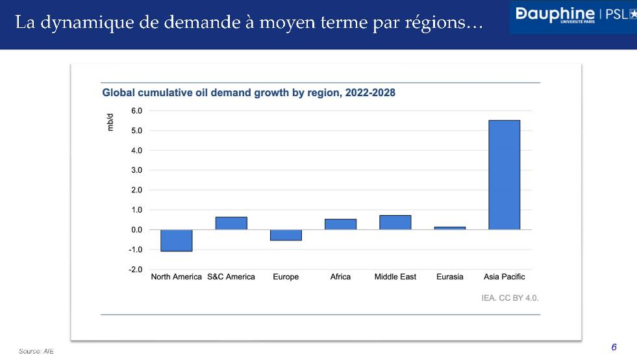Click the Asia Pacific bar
(504, 175)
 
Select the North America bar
(176, 240)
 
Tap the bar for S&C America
(231, 223)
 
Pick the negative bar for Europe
(286, 235)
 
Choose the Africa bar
(340, 224)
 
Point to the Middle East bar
(395, 222)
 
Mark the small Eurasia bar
(449, 228)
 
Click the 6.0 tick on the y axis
(136, 111)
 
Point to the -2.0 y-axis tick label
(135, 270)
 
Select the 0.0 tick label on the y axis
(136, 230)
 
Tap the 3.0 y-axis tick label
(136, 170)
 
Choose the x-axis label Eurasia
(449, 277)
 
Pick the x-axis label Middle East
(395, 277)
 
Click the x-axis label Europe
(286, 277)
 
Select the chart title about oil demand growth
(249, 93)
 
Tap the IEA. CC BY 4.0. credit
(510, 298)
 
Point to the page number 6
(614, 347)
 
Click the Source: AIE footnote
(36, 351)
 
